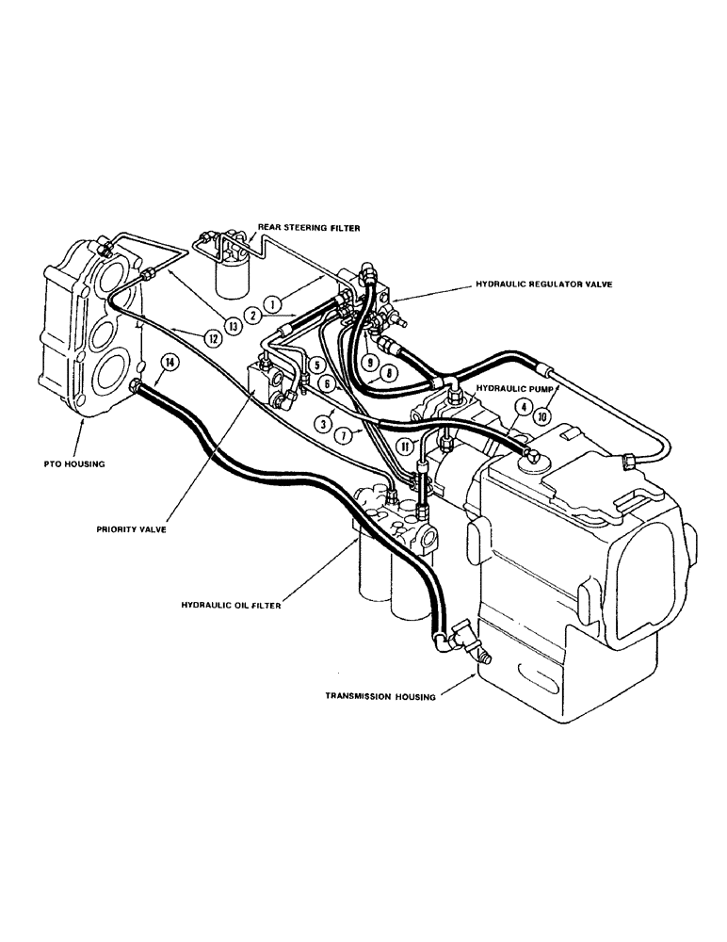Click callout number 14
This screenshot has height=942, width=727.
click(169, 363)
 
